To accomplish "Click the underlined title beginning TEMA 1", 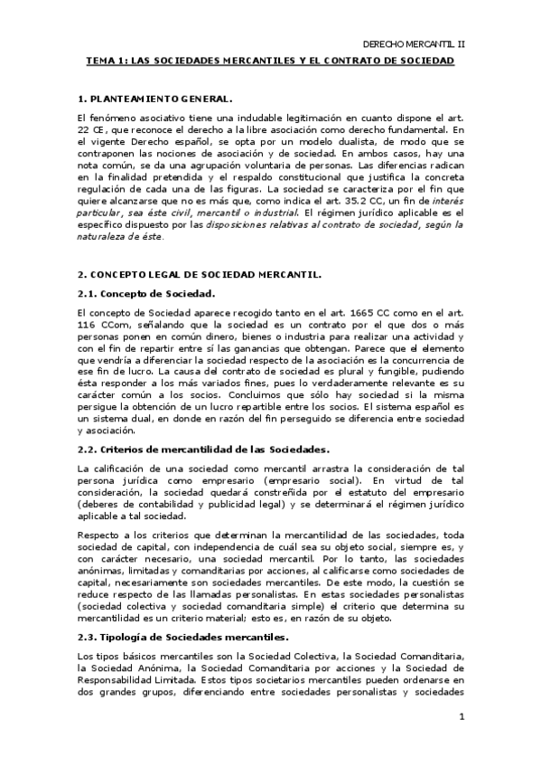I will pyautogui.click(x=269, y=61).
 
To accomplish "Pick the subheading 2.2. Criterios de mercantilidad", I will pyautogui.click(x=203, y=450).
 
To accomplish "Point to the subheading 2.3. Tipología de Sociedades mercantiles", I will pyautogui.click(x=183, y=638).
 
